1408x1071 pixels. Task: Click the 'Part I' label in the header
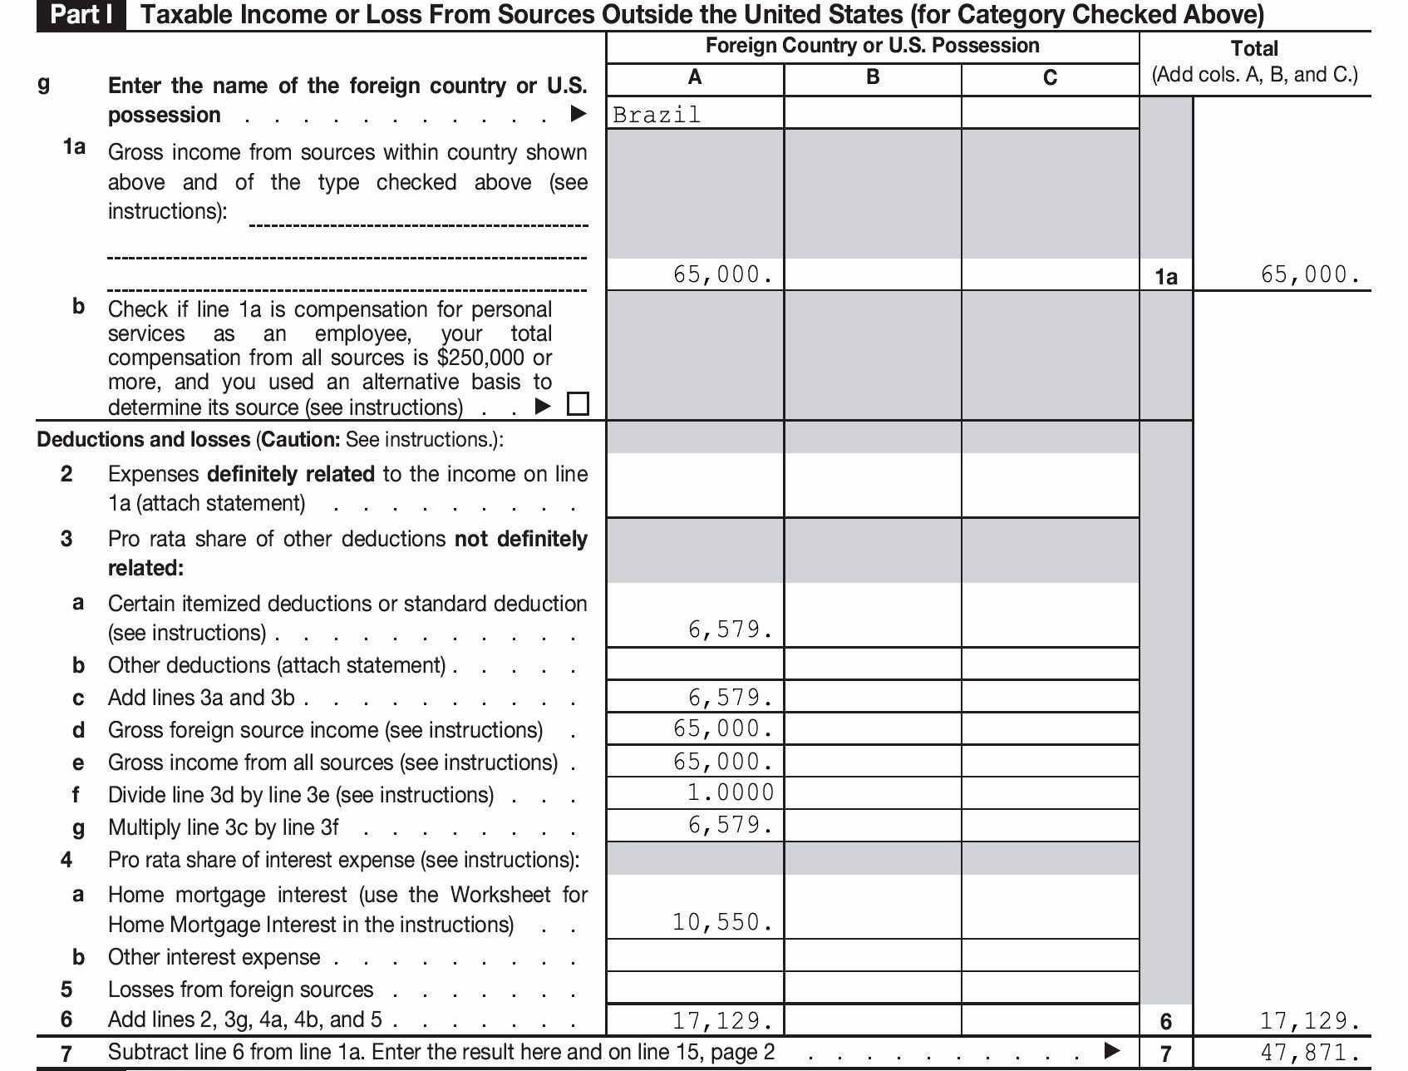81,15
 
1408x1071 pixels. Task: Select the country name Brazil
657,115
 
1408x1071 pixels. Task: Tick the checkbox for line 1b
578,404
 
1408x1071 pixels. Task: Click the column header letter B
873,77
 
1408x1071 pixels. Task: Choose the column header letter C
1050,78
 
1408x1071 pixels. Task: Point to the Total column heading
1254,48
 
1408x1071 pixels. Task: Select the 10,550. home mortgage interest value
722,922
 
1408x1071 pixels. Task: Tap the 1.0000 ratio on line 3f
731,792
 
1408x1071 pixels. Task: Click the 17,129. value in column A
722,1020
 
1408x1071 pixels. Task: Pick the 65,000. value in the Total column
1310,274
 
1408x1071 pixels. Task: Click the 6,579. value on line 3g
731,825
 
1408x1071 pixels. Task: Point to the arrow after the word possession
578,114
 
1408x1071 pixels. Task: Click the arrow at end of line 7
1111,1051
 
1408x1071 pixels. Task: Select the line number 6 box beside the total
1166,1021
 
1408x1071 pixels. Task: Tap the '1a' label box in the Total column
1166,277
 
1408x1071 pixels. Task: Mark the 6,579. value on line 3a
731,629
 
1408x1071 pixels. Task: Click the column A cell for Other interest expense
695,956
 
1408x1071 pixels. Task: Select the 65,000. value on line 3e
723,762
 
